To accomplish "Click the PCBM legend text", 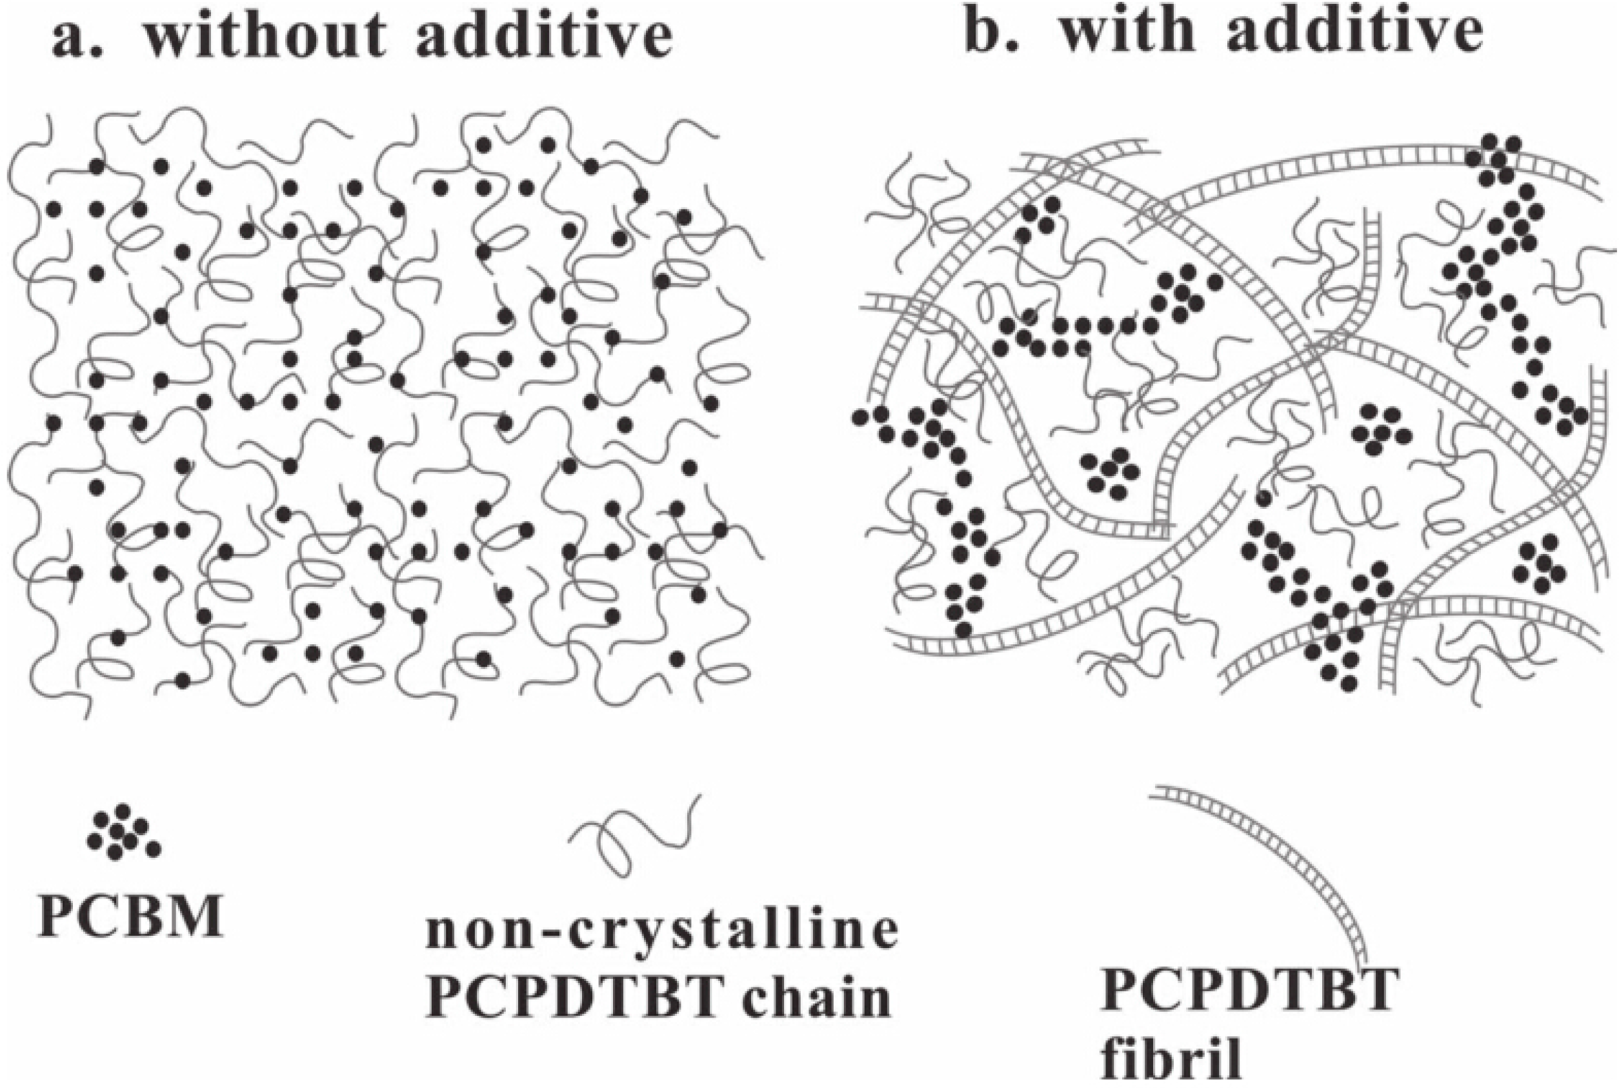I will click(x=130, y=916).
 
